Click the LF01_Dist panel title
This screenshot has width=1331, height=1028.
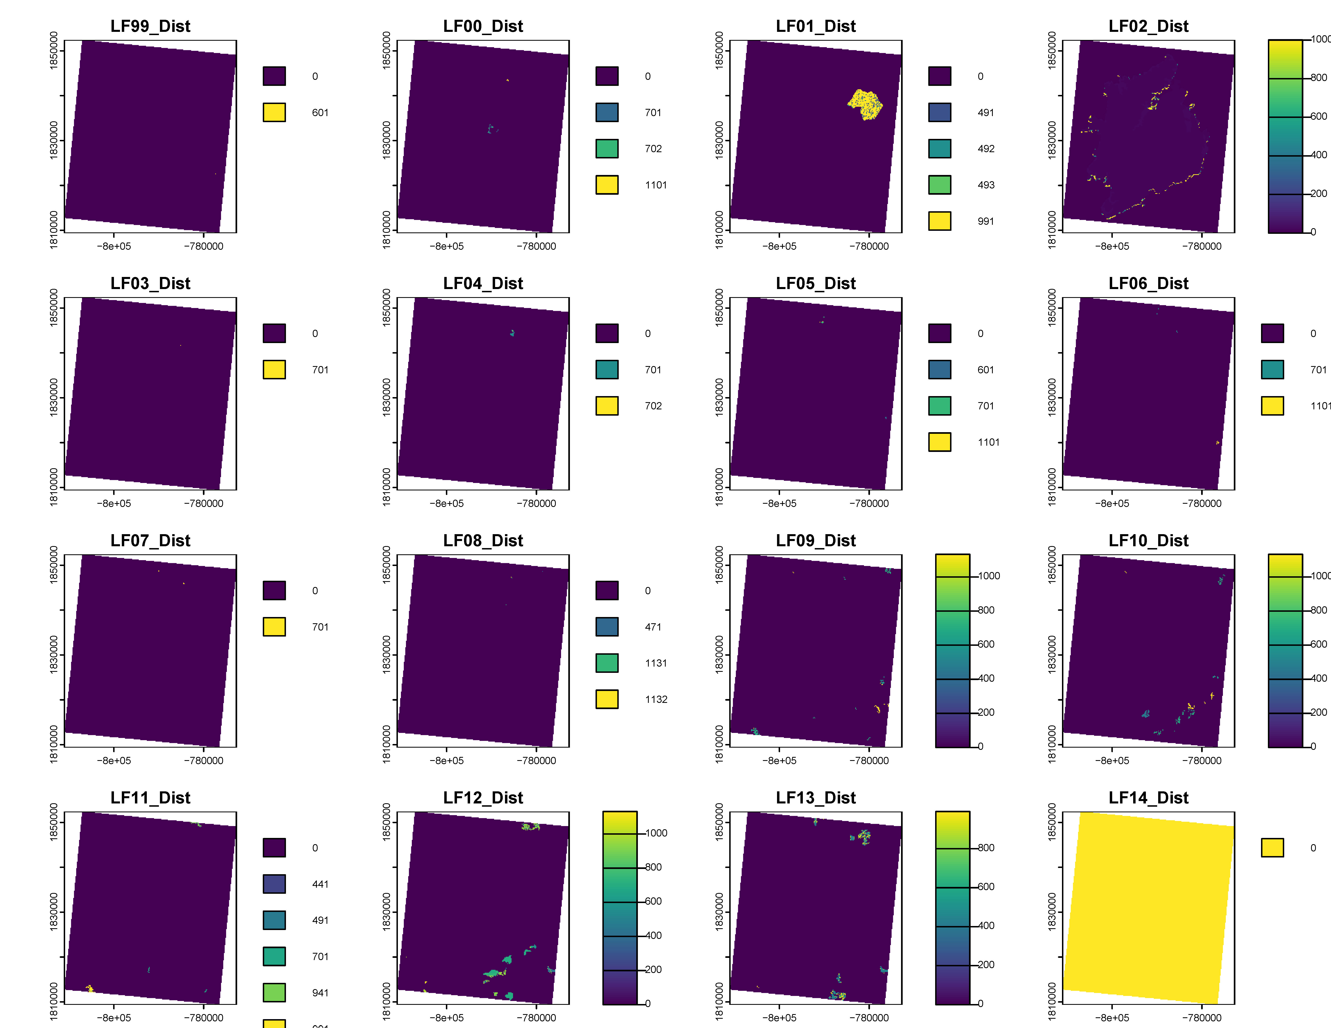(815, 26)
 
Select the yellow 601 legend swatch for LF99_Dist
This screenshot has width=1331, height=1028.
(274, 112)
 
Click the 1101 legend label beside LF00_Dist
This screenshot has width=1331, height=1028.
(656, 185)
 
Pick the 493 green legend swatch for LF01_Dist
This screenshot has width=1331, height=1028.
(940, 184)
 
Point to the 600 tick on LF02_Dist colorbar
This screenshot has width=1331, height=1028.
(1318, 116)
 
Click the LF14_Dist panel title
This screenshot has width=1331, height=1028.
(1148, 798)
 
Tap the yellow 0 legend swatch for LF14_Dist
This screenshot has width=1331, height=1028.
(1273, 848)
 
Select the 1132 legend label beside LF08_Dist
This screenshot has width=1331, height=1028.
(656, 699)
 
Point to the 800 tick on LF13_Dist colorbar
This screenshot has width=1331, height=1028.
(986, 848)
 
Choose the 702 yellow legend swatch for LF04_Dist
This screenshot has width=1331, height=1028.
(607, 406)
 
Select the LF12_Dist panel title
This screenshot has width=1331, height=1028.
(483, 798)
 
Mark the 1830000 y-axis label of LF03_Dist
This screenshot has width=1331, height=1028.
(54, 398)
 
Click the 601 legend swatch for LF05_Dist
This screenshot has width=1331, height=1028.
(940, 370)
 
